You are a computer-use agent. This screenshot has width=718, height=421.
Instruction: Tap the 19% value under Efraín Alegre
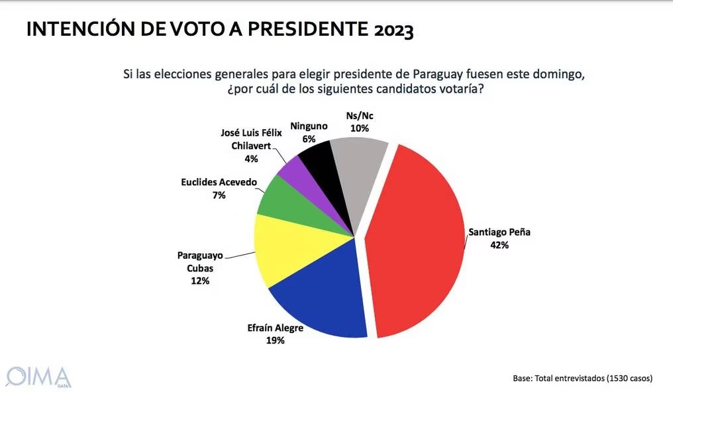[x=275, y=340]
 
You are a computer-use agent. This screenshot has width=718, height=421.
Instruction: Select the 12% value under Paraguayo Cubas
[x=200, y=281]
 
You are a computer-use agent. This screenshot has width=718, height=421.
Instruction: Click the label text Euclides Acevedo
[x=219, y=182]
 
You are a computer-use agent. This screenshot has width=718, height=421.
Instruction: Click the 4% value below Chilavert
[x=251, y=159]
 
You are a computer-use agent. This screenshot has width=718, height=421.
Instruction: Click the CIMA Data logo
[x=38, y=376]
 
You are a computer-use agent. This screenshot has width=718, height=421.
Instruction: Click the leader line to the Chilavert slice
[x=279, y=158]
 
